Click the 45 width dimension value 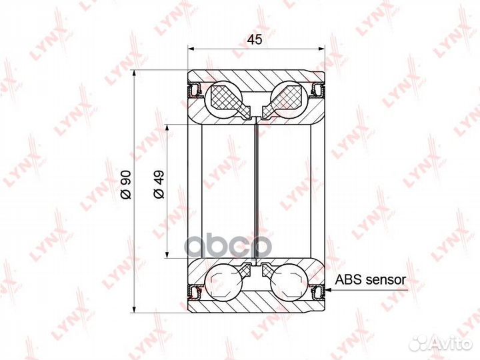coord(254,39)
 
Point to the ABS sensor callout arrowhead coord(328,289)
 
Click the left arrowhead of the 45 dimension coord(191,48)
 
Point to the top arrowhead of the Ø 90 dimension coord(136,73)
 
